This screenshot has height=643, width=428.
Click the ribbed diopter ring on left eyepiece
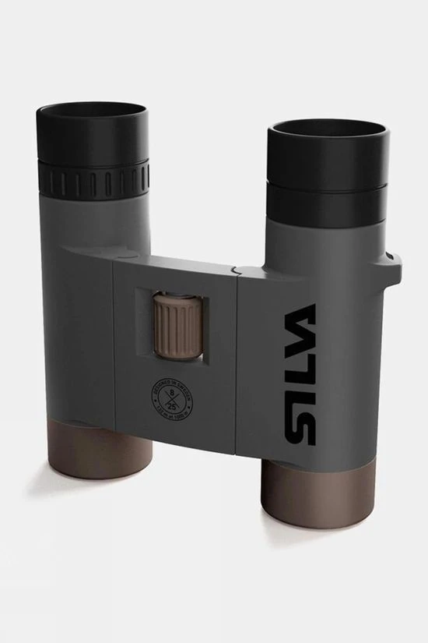coord(93,180)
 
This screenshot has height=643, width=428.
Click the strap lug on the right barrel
coord(393,269)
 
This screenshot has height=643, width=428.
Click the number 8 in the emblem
coord(170,394)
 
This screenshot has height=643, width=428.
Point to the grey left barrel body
coord(78,327)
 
